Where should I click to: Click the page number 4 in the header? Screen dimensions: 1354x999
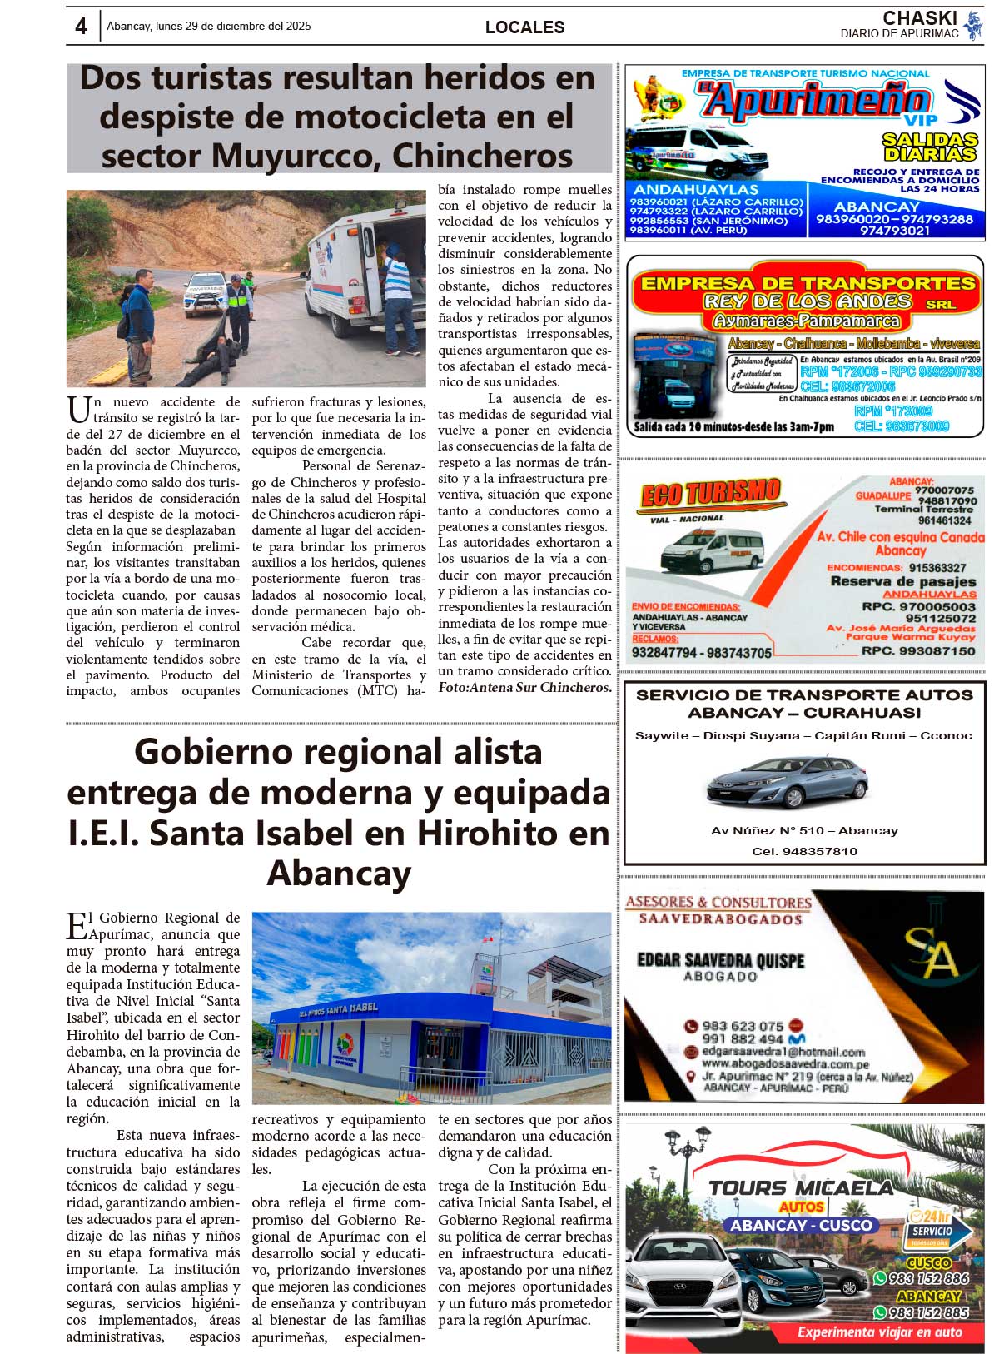point(80,27)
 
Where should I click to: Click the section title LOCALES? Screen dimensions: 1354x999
point(524,27)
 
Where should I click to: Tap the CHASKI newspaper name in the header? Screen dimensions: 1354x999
point(919,18)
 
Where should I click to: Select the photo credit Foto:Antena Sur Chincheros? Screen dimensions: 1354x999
point(524,688)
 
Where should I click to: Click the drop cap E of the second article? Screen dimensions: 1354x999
point(77,925)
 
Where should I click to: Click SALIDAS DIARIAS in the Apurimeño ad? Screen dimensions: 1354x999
point(930,147)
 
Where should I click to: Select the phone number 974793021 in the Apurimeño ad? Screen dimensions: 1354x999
point(894,231)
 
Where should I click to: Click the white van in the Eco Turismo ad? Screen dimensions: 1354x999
point(711,549)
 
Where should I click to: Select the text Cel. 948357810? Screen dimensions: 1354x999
point(803,851)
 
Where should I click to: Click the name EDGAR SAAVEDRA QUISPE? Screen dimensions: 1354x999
point(720,960)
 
